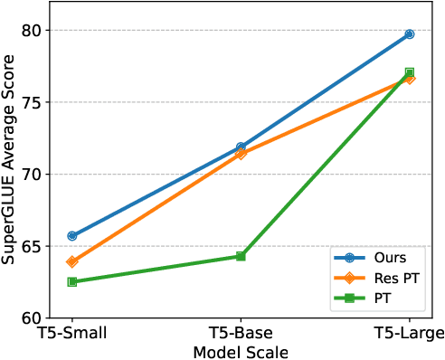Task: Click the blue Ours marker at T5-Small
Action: click(72, 236)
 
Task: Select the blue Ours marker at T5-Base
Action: click(241, 147)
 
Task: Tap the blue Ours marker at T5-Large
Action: click(410, 34)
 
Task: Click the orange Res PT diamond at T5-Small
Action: click(72, 261)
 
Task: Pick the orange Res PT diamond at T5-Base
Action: click(241, 154)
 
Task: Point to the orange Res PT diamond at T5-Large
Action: click(410, 78)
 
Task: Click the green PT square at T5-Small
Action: click(72, 281)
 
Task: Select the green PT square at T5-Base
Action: click(241, 256)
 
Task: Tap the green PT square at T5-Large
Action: click(410, 72)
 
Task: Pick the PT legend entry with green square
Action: click(380, 295)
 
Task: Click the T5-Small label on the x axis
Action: click(72, 334)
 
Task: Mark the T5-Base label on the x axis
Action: click(241, 334)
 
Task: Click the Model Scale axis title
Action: click(241, 351)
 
